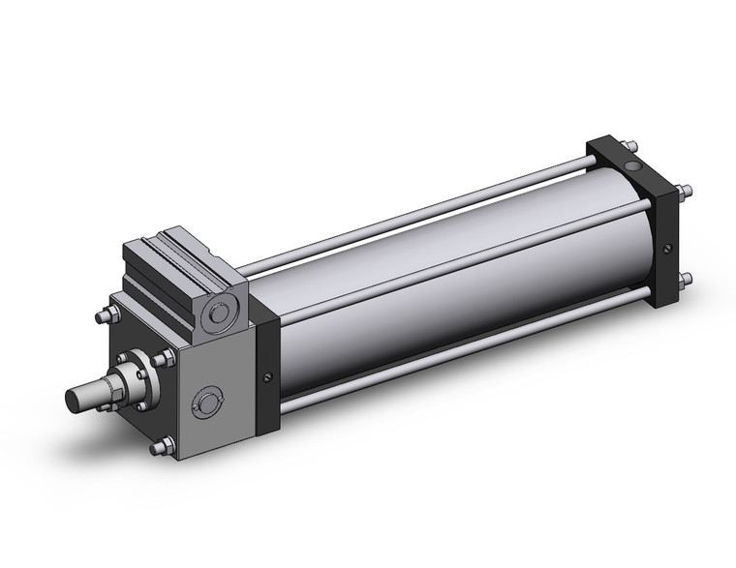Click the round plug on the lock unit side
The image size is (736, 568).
[208, 404]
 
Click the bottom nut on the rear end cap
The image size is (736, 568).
[686, 282]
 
